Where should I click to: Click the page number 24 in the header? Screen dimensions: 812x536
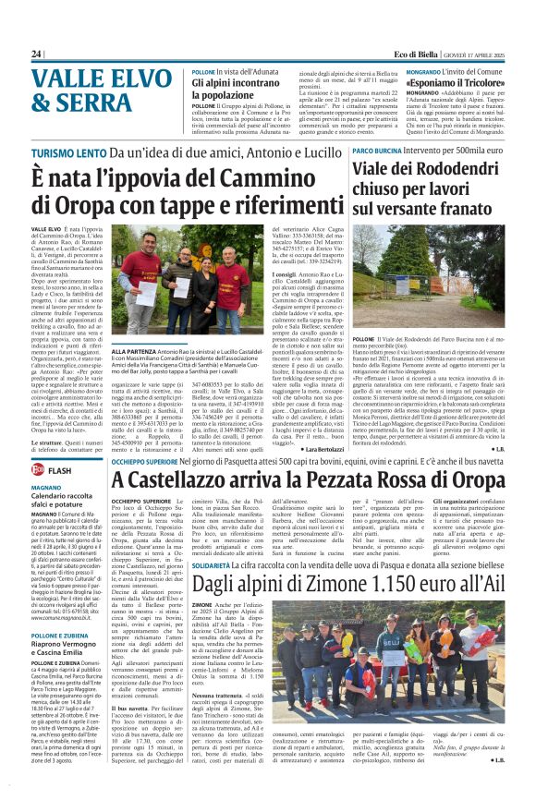(36, 54)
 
